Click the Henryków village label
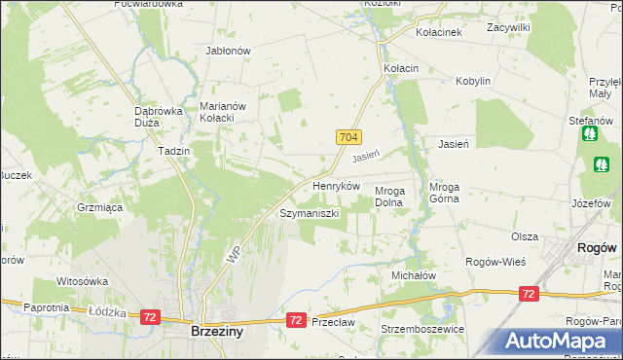coord(336,185)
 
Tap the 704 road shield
coord(351,138)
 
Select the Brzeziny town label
coord(215,331)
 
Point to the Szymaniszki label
coord(309,212)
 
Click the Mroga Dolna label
coord(395,197)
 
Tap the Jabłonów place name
coord(229,51)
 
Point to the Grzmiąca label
coord(98,207)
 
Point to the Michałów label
coord(414,276)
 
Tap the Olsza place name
coord(525,236)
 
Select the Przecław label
coord(332,322)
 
